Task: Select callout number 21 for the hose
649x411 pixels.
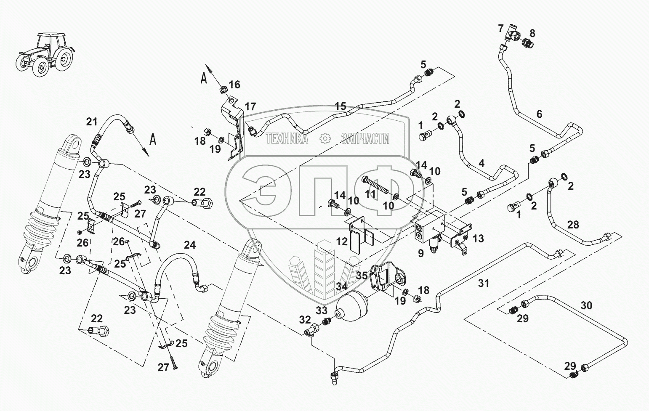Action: pyautogui.click(x=91, y=122)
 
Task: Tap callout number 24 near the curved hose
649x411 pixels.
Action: pyautogui.click(x=190, y=244)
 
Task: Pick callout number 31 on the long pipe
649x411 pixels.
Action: pyautogui.click(x=484, y=284)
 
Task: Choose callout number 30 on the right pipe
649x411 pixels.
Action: pyautogui.click(x=586, y=305)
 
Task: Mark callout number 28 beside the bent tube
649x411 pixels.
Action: pyautogui.click(x=573, y=225)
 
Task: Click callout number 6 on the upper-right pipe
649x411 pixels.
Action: pyautogui.click(x=539, y=114)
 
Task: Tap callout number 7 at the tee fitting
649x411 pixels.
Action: pyautogui.click(x=500, y=29)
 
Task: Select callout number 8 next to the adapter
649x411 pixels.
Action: pyautogui.click(x=532, y=33)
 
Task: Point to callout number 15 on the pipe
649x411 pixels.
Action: pyautogui.click(x=340, y=106)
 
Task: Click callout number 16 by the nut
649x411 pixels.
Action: pyautogui.click(x=234, y=85)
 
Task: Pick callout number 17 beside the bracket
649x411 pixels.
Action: pyautogui.click(x=250, y=106)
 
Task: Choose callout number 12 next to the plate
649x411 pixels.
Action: pyautogui.click(x=342, y=241)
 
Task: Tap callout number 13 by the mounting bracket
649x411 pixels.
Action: pyautogui.click(x=478, y=239)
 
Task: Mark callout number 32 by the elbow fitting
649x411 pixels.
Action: pyautogui.click(x=305, y=320)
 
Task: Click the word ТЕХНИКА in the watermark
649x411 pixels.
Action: pyautogui.click(x=287, y=138)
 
